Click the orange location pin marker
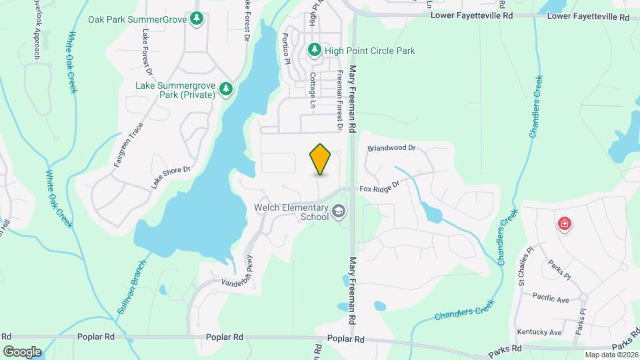321,159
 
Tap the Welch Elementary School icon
339,212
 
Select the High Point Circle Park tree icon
314,50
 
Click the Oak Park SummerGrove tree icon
197,19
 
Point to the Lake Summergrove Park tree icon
227,89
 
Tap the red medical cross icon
565,223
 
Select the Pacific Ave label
551,299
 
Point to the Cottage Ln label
312,91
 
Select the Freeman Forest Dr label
339,100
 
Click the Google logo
22,351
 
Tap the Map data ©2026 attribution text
611,355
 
